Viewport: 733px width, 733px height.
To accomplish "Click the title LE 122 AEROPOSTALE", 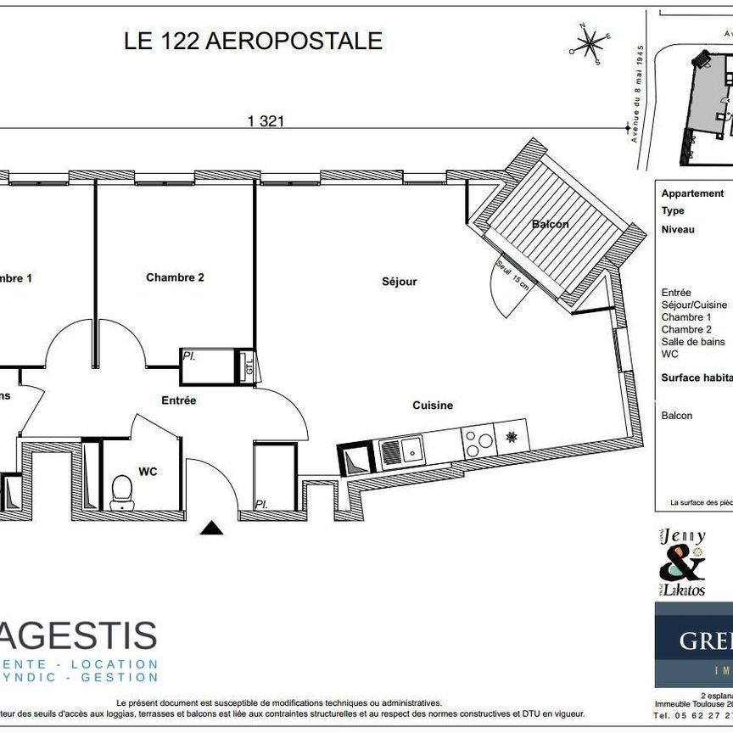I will point(254,41).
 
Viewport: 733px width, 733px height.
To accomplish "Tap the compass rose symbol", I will point(590,42).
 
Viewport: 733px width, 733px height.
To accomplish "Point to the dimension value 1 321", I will point(265,121).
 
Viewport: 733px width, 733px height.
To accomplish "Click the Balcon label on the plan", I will point(550,224).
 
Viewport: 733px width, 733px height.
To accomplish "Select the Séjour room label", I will point(399,281).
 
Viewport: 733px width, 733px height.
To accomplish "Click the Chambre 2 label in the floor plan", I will point(175,277).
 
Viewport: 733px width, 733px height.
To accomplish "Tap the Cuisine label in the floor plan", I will point(433,406).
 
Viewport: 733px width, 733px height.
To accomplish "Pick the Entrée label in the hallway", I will point(178,400).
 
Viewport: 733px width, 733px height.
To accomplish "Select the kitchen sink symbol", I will point(402,452).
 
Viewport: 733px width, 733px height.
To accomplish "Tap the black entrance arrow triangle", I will point(211,529).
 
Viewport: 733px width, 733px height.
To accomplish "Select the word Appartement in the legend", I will point(692,193).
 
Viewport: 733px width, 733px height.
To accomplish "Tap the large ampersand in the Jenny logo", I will point(681,563).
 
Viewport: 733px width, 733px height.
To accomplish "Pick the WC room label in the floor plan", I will point(148,471).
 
